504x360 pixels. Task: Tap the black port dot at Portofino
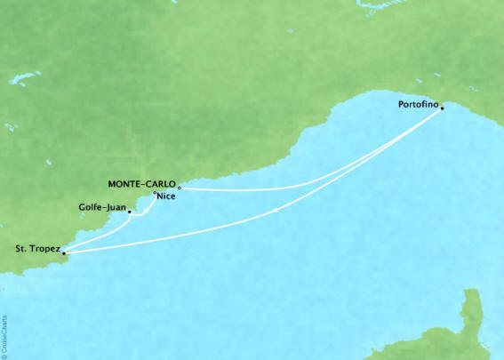(443, 109)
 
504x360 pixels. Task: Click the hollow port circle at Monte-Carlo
(179, 188)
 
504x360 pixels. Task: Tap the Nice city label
(165, 198)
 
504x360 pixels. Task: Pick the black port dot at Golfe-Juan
(130, 212)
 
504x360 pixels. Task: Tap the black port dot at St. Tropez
(62, 252)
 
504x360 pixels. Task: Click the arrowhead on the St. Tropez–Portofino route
(278, 210)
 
